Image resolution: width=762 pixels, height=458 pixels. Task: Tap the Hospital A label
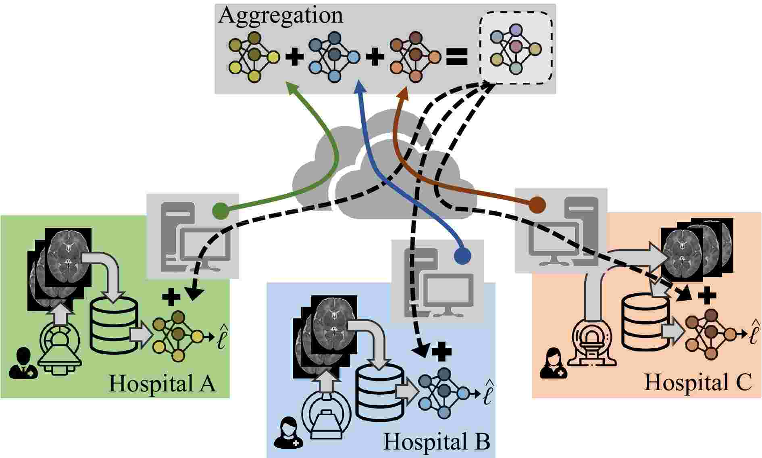pyautogui.click(x=162, y=383)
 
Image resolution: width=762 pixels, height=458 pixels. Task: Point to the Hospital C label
pyautogui.click(x=698, y=382)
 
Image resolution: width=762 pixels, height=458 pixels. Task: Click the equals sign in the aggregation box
pyautogui.click(x=457, y=57)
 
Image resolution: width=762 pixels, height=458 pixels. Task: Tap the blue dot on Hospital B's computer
pyautogui.click(x=462, y=255)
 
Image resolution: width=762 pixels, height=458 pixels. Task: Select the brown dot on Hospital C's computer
pyautogui.click(x=537, y=205)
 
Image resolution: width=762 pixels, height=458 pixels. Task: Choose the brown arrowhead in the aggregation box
pyautogui.click(x=404, y=94)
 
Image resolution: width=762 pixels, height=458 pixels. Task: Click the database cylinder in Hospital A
pyautogui.click(x=113, y=325)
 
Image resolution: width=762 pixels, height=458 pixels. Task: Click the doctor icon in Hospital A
pyautogui.click(x=23, y=364)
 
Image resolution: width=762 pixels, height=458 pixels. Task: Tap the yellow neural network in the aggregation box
pyautogui.click(x=254, y=57)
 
